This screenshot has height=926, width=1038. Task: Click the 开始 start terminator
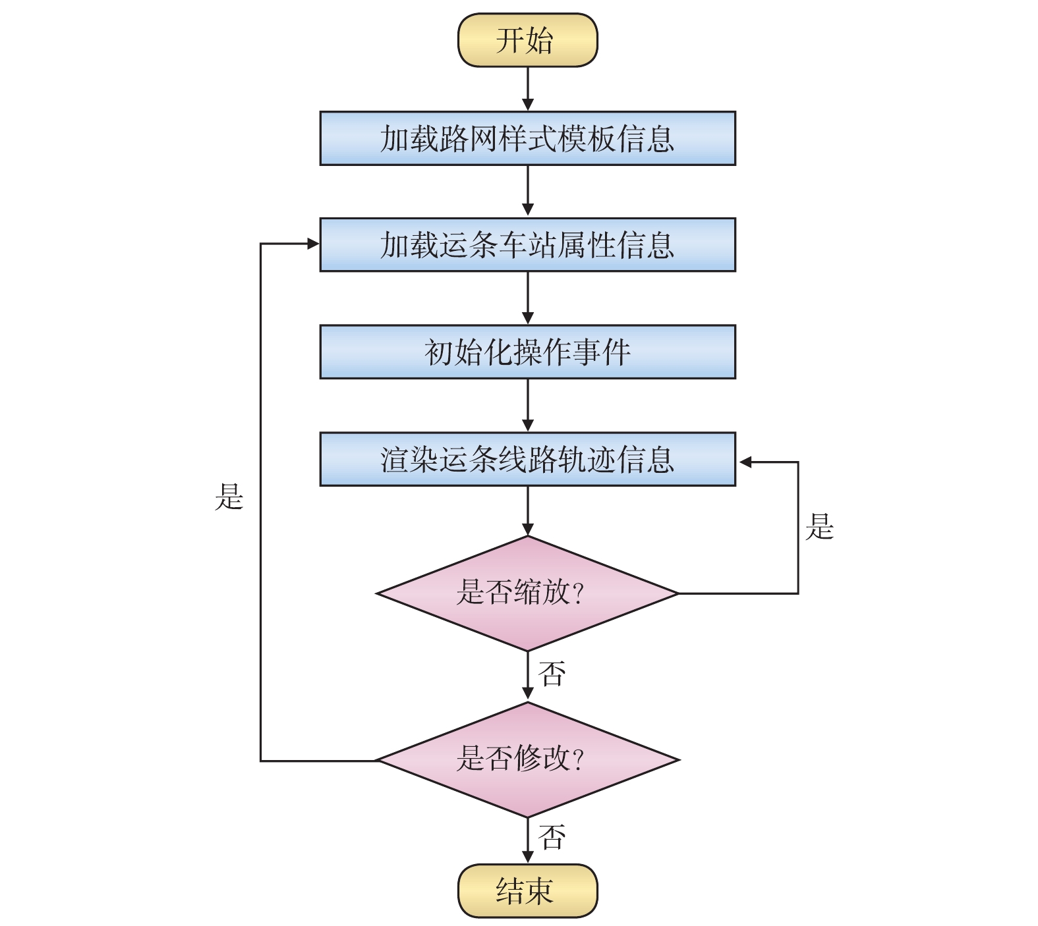[527, 40]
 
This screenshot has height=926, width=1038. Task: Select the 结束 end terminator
[527, 890]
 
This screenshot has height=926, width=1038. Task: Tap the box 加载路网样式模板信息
[527, 138]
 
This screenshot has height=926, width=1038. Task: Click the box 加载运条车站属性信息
[527, 245]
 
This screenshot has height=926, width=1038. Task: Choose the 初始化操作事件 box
[527, 352]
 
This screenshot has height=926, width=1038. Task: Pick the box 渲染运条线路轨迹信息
[527, 459]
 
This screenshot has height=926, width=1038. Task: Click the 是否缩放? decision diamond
[527, 593]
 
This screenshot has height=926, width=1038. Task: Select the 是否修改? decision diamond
[527, 759]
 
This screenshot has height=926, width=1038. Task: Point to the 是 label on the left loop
[229, 497]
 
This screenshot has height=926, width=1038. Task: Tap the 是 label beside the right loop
[819, 527]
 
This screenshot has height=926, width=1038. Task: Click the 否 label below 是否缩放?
[552, 674]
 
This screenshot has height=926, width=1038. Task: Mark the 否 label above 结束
[552, 837]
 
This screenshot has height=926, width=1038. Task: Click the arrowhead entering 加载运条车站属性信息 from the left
[313, 244]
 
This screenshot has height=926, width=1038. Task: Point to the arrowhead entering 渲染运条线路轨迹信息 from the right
[745, 462]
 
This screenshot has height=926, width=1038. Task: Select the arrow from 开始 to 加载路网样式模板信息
[527, 89]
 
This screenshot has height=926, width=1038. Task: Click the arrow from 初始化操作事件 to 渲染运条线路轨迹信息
[527, 405]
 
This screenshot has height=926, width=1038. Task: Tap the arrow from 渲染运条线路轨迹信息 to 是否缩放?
[527, 511]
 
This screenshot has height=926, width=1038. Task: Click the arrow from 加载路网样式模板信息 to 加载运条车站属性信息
[527, 191]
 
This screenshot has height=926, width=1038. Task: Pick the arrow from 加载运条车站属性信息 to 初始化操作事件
[527, 298]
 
